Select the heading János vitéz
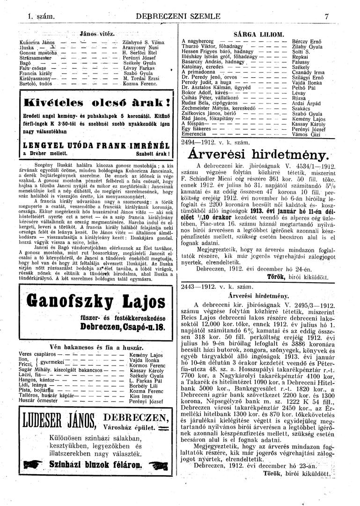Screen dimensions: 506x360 pyautogui.click(x=98, y=34)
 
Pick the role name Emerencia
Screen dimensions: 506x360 pyautogui.click(x=195, y=135)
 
